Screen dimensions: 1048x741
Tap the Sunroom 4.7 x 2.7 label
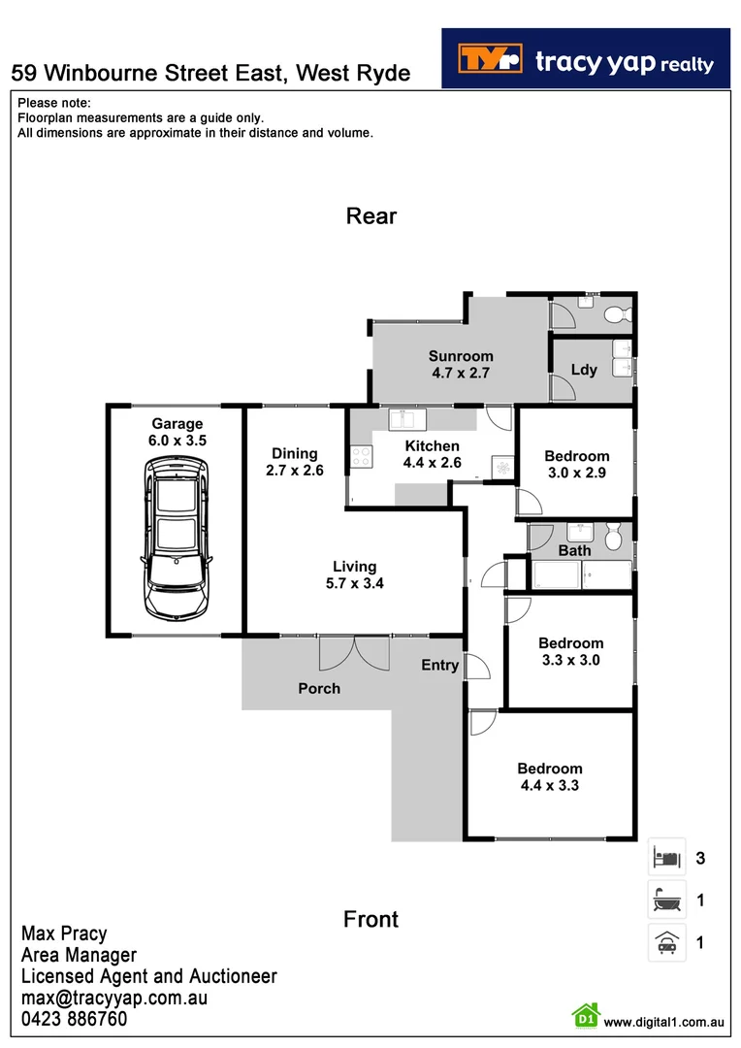[461, 364]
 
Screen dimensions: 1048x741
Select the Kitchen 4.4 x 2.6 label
[432, 454]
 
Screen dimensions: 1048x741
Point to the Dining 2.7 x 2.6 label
[294, 462]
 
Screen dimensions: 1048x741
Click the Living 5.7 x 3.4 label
[354, 574]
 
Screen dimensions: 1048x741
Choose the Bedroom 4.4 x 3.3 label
[549, 776]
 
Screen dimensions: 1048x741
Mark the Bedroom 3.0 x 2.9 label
[576, 464]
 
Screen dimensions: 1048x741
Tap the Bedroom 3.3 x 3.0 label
[570, 651]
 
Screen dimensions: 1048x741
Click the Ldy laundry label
[584, 370]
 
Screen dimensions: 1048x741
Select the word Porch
[319, 688]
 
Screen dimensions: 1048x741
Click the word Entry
[439, 665]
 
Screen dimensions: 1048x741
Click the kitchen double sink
[403, 420]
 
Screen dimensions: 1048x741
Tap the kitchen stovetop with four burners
[362, 456]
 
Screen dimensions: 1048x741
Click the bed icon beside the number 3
[666, 858]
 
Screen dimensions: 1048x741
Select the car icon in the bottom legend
[666, 941]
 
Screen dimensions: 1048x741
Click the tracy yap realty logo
[585, 58]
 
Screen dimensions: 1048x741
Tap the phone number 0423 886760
[74, 1020]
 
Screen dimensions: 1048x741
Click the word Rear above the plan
[371, 215]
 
